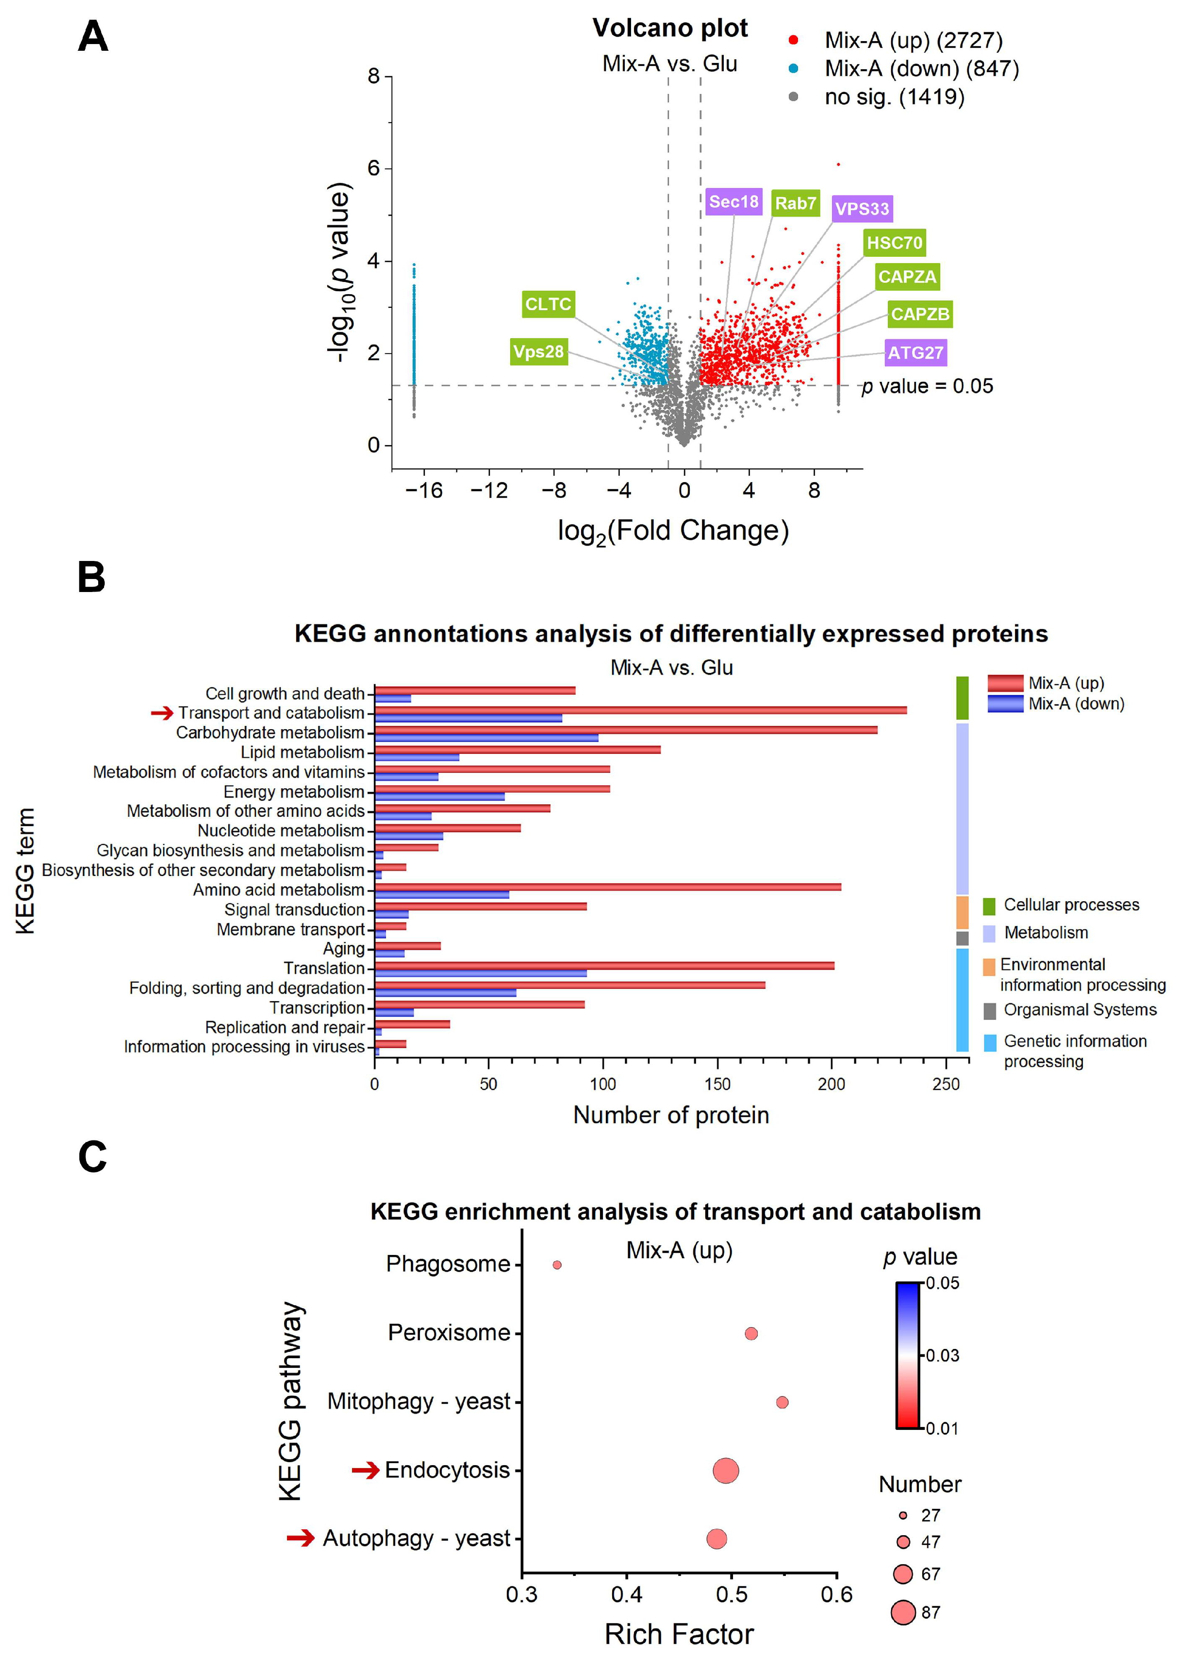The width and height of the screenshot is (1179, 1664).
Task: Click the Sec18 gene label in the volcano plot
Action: [x=733, y=202]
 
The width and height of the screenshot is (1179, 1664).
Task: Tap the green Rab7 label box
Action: [x=795, y=203]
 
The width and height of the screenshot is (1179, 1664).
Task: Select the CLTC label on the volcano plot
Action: [x=548, y=304]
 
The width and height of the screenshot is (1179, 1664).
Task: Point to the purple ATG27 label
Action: [x=916, y=353]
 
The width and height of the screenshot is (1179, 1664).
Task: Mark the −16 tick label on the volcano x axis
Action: [x=423, y=491]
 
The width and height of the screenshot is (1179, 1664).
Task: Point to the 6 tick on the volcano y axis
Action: [x=374, y=168]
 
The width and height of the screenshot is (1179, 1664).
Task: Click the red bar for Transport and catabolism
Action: [x=639, y=710]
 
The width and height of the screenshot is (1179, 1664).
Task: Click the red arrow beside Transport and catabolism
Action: [x=162, y=713]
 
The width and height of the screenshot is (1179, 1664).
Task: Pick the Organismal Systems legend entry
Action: [x=1080, y=1010]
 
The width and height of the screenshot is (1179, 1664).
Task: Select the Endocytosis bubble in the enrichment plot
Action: [x=726, y=1471]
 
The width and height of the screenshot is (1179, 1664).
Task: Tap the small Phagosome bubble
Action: [x=557, y=1265]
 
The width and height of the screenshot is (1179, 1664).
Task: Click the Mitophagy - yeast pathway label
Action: [x=419, y=1401]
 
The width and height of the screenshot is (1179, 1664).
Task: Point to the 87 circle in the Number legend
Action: [x=903, y=1612]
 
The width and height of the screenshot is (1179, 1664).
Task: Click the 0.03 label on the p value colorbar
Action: [x=942, y=1356]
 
